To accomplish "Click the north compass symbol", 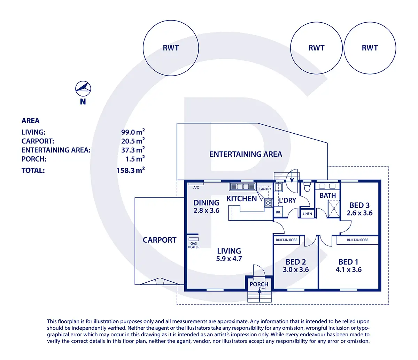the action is coord(83,89).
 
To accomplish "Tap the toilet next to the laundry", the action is coord(307,187).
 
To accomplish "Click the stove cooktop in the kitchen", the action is coord(268,203).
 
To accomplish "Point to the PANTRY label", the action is coord(265,189).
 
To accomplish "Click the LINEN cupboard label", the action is coord(307,214).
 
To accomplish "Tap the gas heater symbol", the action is coord(194,239).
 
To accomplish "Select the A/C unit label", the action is coord(196,188).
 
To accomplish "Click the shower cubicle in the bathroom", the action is coord(333,209).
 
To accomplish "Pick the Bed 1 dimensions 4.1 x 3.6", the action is coord(348,269).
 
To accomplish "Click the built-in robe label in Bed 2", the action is coord(287,240).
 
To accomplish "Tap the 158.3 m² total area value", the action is coord(131,170).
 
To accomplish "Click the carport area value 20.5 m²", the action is coord(133,141).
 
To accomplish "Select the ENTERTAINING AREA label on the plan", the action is coord(246,154).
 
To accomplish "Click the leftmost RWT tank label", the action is coord(171,48).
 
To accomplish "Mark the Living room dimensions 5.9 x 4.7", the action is coord(229,259).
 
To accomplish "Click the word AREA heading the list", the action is coord(31,121).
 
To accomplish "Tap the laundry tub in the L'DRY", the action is coord(278,187).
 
